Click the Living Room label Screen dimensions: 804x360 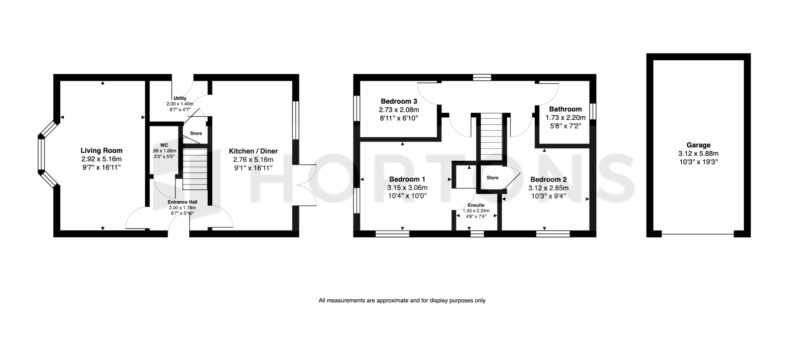tap(101, 151)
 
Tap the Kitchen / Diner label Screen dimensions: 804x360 tap(253, 151)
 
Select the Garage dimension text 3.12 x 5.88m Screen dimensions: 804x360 tap(698, 154)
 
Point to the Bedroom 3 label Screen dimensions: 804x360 tap(399, 101)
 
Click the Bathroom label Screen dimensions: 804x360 tap(566, 109)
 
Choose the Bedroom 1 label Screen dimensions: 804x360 tap(407, 179)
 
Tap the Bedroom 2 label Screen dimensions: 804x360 tap(548, 180)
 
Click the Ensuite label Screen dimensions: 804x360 tap(476, 206)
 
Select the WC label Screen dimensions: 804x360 tap(164, 145)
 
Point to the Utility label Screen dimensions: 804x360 tap(180, 98)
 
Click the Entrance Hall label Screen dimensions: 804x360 tap(183, 202)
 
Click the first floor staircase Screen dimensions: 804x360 tap(491, 138)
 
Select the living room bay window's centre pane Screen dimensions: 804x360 tap(41, 155)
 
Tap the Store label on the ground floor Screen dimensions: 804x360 tap(196, 134)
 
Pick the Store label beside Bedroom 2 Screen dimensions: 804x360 tap(492, 178)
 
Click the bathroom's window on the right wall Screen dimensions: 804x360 tap(593, 113)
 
